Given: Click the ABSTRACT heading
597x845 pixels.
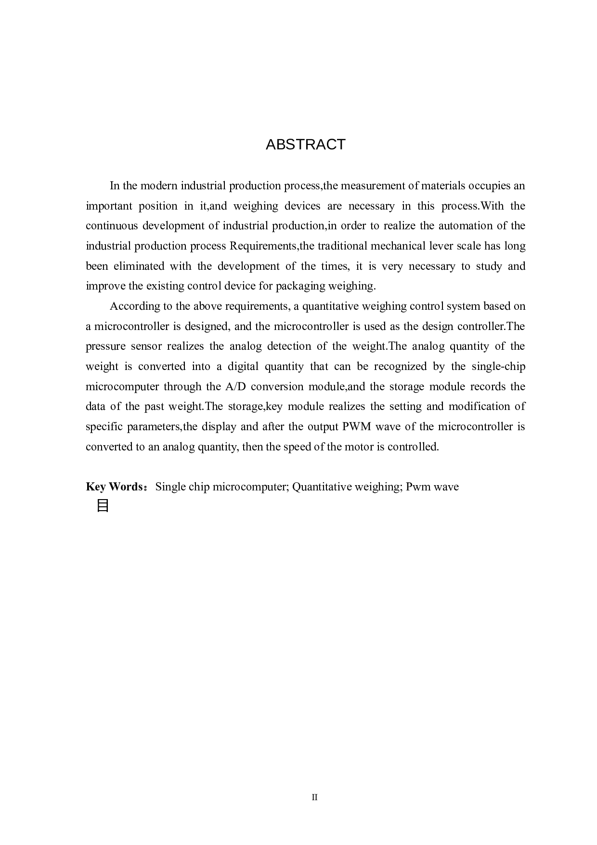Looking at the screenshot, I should point(305,145).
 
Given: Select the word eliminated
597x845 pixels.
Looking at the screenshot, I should point(139,266).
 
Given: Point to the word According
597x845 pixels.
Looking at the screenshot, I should point(133,306).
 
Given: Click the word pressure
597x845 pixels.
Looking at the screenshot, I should point(104,346).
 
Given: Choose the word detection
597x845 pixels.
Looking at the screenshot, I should point(288,346).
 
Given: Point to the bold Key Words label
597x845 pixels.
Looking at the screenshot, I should point(114,487).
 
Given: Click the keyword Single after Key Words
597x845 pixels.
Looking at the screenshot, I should point(170,487).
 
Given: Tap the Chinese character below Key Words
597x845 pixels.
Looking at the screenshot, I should point(103,506).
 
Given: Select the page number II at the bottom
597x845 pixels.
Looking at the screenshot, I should point(314,797).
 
